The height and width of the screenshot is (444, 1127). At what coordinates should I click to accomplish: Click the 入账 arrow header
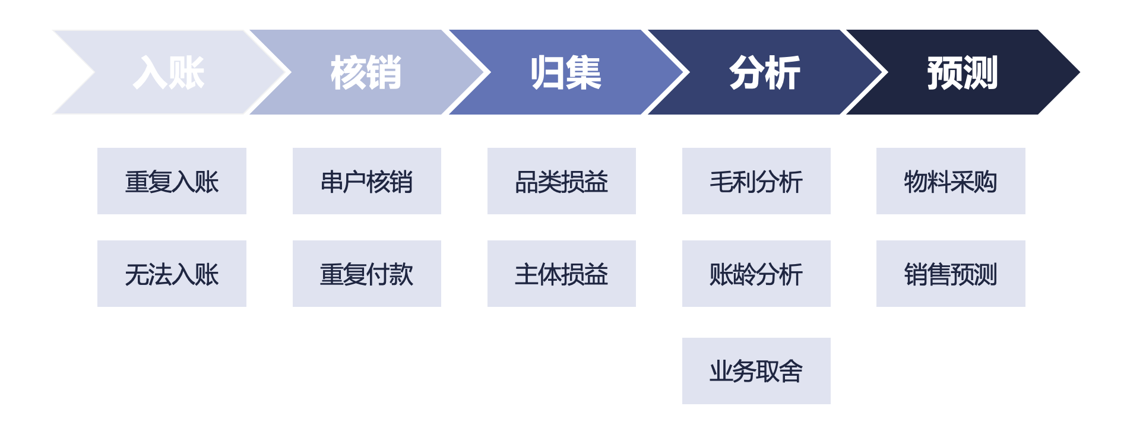click(x=170, y=72)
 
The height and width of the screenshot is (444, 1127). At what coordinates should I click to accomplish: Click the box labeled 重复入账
click(x=172, y=181)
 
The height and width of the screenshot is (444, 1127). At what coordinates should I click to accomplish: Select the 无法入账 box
click(x=172, y=274)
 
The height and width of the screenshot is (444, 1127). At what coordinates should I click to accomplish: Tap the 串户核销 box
click(x=367, y=181)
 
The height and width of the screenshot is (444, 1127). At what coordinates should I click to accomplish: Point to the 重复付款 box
click(x=367, y=274)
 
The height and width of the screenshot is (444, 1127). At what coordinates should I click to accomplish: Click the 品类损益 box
click(x=562, y=181)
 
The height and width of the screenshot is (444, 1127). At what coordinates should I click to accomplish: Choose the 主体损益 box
click(x=562, y=274)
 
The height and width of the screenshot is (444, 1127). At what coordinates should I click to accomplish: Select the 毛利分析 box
click(x=756, y=181)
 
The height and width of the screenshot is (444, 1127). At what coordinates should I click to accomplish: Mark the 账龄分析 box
click(x=756, y=274)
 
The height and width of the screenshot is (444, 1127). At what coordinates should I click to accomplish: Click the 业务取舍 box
click(x=756, y=371)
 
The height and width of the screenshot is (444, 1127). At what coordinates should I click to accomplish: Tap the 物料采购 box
click(x=951, y=181)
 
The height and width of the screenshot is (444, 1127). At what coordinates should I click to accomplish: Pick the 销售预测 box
click(x=951, y=274)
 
